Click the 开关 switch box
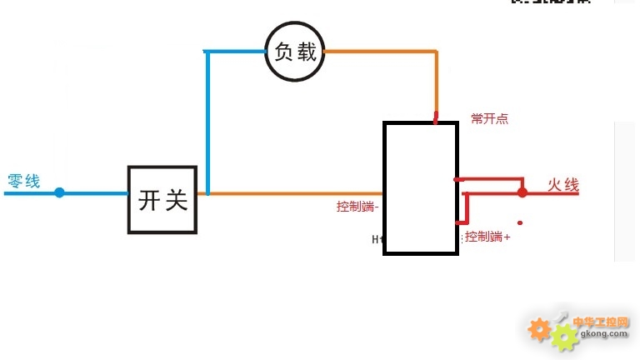point(163,200)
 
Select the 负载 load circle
point(295,52)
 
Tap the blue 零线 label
point(24,181)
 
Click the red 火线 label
point(562,185)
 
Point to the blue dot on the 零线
point(59,192)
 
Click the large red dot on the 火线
point(522,192)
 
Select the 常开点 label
point(489,119)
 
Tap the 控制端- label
point(357,207)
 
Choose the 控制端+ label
point(487,237)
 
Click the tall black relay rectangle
point(420,187)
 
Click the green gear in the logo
point(565,336)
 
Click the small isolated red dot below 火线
point(521,222)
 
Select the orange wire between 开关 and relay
point(283,193)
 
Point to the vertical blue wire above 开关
point(207,125)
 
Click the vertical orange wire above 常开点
point(436,83)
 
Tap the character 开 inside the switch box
point(150,201)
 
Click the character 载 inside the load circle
point(307,52)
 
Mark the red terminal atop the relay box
point(436,118)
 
